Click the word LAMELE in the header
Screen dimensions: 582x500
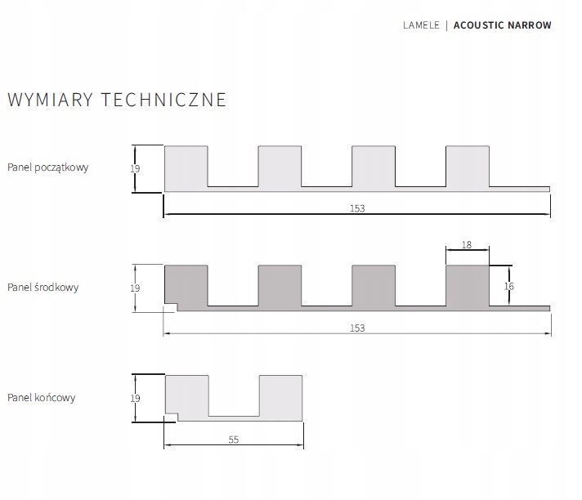click(x=421, y=25)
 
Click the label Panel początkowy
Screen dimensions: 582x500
click(x=48, y=167)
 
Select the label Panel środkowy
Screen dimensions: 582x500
click(x=43, y=288)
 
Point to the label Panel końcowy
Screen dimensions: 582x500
click(x=42, y=398)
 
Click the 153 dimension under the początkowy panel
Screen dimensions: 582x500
click(x=357, y=208)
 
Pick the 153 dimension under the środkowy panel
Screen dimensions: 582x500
click(x=357, y=328)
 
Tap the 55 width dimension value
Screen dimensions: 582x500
click(x=234, y=440)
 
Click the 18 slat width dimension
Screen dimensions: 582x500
click(x=468, y=244)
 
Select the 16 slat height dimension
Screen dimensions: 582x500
click(x=509, y=286)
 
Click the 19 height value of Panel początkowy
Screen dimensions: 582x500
click(x=136, y=168)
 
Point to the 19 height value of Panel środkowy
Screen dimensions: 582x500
click(x=136, y=288)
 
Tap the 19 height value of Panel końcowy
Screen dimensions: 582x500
click(x=136, y=398)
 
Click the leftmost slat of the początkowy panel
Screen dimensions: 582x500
click(x=186, y=166)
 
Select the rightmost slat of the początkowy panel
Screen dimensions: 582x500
click(x=468, y=166)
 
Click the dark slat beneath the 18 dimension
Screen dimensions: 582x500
click(x=468, y=285)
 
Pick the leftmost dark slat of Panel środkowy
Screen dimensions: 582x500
click(x=186, y=285)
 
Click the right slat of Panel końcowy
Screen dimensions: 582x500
click(x=281, y=396)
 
